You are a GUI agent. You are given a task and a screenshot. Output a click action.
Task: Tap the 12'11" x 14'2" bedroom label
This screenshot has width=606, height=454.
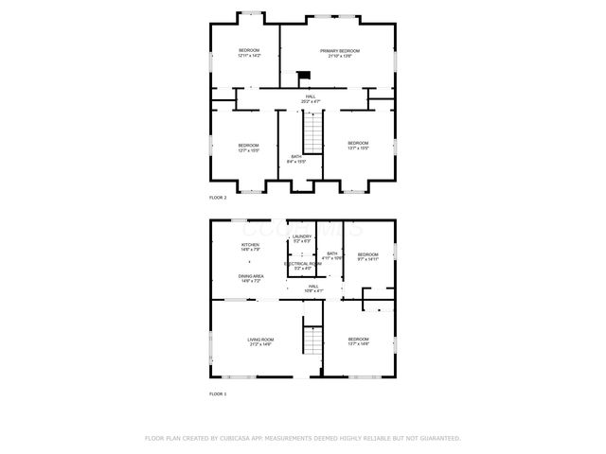coord(249,53)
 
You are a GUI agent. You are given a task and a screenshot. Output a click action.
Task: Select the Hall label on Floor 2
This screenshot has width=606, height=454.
coord(311,97)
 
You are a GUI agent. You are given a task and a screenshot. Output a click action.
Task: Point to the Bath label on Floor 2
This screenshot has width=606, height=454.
coord(296,159)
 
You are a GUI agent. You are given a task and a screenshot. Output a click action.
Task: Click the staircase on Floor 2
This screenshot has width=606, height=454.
coord(312,129)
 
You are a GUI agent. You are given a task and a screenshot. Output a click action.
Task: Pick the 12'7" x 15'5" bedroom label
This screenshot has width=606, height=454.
coord(248,148)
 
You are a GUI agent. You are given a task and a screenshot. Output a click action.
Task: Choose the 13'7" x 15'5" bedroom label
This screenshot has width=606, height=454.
coord(357,148)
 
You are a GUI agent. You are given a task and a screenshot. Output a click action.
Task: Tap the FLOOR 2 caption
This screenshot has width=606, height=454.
coord(218,197)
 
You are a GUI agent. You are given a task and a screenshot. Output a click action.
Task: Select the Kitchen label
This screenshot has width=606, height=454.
coord(250,247)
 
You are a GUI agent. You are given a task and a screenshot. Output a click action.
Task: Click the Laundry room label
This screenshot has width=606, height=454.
coord(302,238)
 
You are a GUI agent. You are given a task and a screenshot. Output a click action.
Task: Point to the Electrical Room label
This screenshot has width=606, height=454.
coord(302,266)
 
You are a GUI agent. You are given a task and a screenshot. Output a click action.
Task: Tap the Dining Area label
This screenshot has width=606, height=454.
coord(251,278)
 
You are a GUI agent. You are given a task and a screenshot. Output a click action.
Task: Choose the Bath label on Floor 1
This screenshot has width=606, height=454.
coord(331,255)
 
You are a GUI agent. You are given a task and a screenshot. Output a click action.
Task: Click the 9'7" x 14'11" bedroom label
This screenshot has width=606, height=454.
coord(367,256)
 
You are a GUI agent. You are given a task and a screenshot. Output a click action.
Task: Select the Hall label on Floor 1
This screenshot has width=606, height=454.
coord(312,288)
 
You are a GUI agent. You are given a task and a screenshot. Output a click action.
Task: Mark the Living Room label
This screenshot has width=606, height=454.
coord(260,341)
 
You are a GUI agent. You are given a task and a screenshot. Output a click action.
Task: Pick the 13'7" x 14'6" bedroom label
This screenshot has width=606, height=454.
coord(358,341)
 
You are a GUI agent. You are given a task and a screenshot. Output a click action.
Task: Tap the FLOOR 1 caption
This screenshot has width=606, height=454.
coord(218,393)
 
